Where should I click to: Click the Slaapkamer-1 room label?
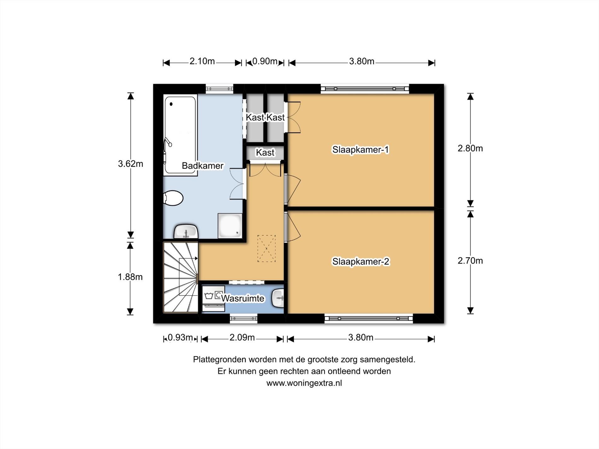pyautogui.click(x=361, y=149)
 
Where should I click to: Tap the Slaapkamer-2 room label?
pyautogui.click(x=361, y=262)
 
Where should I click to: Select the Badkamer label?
pyautogui.click(x=203, y=166)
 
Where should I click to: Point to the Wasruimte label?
pyautogui.click(x=243, y=298)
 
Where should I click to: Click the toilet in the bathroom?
pyautogui.click(x=173, y=198)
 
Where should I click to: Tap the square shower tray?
pyautogui.click(x=230, y=226)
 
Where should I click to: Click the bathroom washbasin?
pyautogui.click(x=186, y=232)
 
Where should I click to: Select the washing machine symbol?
pyautogui.click(x=213, y=298)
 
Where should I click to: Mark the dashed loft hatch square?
pyautogui.click(x=266, y=249)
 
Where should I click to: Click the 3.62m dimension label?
pyautogui.click(x=131, y=164)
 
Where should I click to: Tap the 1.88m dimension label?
pyautogui.click(x=130, y=277)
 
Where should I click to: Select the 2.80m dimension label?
pyautogui.click(x=470, y=148)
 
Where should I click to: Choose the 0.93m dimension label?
pyautogui.click(x=180, y=337)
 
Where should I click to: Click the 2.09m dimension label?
pyautogui.click(x=242, y=337)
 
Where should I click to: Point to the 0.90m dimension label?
pyautogui.click(x=265, y=61)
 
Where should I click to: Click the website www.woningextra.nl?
pyautogui.click(x=304, y=383)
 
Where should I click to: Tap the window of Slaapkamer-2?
pyautogui.click(x=369, y=319)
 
